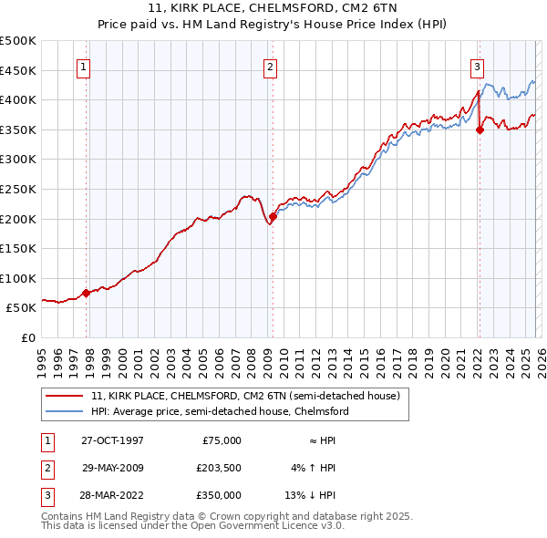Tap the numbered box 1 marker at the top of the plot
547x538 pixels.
click(x=83, y=66)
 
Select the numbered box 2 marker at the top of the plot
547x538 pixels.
click(x=271, y=66)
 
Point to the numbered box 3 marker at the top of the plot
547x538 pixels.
click(x=477, y=66)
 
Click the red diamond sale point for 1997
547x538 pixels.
click(x=87, y=293)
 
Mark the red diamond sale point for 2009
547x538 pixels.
click(x=273, y=216)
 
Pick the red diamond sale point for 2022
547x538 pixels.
click(x=480, y=129)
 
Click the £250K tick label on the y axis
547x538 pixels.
click(x=18, y=189)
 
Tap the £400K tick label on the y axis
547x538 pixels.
click(x=18, y=99)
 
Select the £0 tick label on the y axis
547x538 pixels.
click(x=27, y=337)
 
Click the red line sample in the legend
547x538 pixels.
click(x=66, y=396)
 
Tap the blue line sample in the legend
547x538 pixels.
click(x=66, y=411)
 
